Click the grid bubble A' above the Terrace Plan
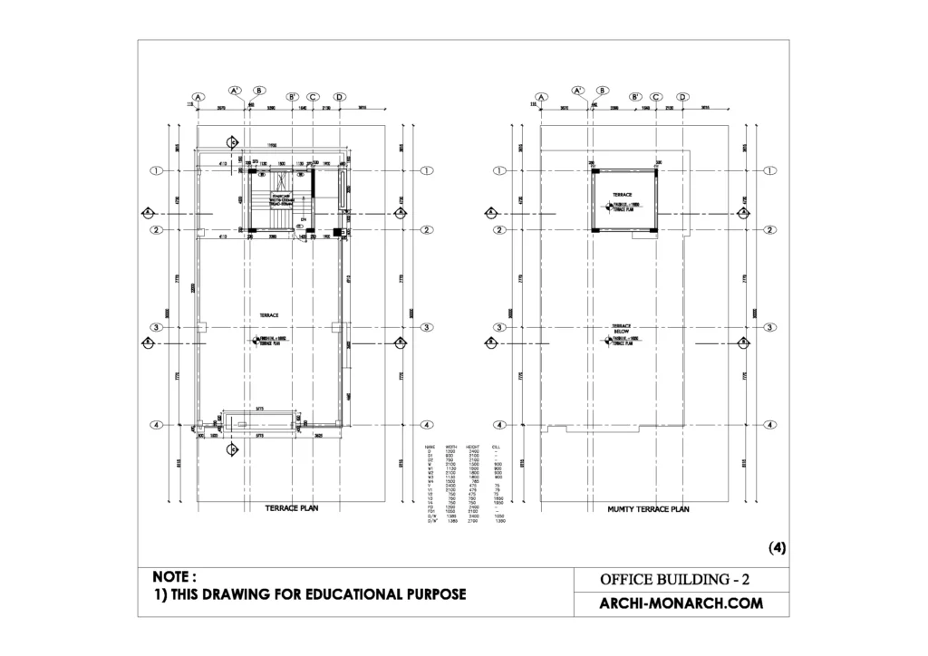pyautogui.click(x=234, y=91)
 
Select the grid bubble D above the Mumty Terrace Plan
pyautogui.click(x=683, y=97)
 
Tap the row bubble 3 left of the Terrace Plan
pyautogui.click(x=156, y=327)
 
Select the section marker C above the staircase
pyautogui.click(x=232, y=142)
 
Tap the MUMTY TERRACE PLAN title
pyautogui.click(x=648, y=509)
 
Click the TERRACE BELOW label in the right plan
pyautogui.click(x=621, y=329)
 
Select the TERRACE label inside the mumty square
pyautogui.click(x=621, y=195)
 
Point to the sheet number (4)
pyautogui.click(x=777, y=547)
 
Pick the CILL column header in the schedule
pyautogui.click(x=495, y=447)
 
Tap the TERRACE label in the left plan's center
pyautogui.click(x=269, y=314)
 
